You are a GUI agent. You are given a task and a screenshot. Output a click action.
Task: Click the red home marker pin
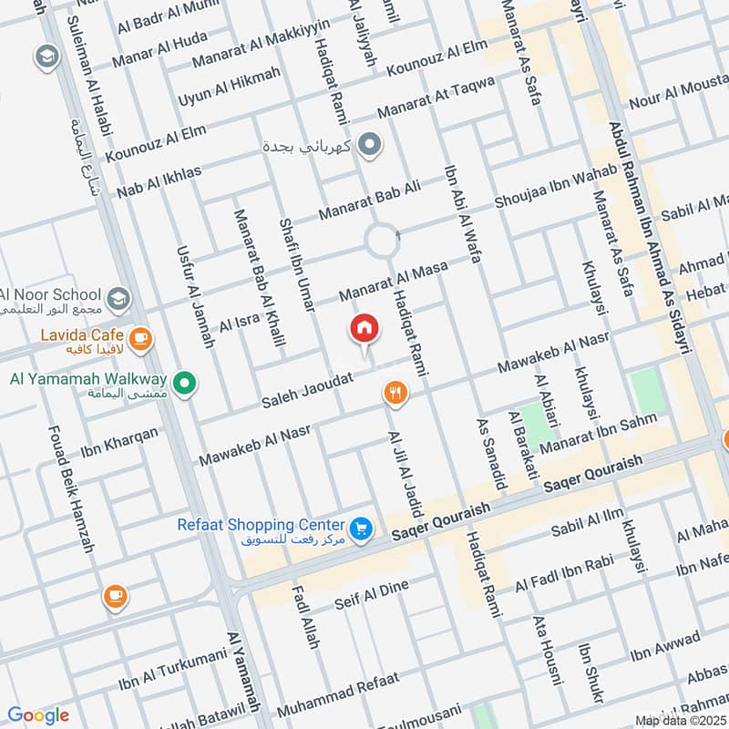pos(364,329)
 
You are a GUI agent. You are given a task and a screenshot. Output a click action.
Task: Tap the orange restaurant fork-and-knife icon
pos(395,392)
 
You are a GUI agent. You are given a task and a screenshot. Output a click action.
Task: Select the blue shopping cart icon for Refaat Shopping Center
pos(362,529)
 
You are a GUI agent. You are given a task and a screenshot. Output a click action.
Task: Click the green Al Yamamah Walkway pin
pos(185,384)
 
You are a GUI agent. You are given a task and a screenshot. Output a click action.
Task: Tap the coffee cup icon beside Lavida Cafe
pos(139,339)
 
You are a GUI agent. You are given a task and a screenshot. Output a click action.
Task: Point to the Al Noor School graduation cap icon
pos(118,298)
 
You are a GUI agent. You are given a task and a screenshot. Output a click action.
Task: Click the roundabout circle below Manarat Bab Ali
pos(382,242)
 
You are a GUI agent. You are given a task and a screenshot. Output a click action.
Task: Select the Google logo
pos(37,715)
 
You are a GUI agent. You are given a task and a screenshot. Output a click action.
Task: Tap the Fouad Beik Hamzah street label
pos(66,497)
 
